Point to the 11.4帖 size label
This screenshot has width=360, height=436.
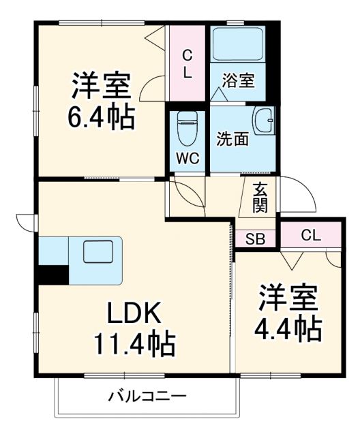[x=133, y=343]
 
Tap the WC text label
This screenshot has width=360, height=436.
[x=187, y=158]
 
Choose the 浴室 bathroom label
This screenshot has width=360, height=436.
[x=237, y=80]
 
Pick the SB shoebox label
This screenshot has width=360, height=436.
[x=256, y=239]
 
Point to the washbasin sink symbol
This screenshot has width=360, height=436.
[x=263, y=121]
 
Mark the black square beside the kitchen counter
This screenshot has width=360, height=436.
[x=53, y=273]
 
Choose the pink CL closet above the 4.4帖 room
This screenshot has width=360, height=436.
[x=310, y=236]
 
